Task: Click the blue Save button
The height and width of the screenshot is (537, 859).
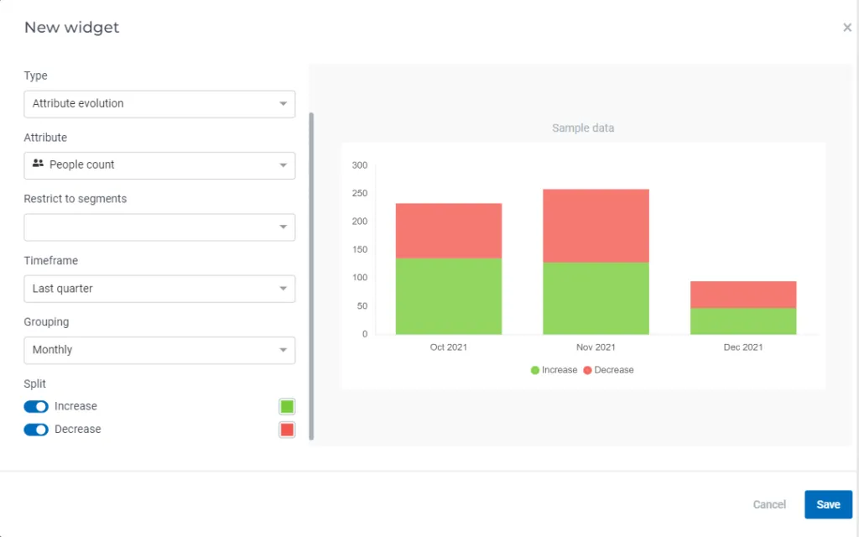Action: pyautogui.click(x=828, y=504)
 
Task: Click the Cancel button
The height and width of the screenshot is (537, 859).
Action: pyautogui.click(x=769, y=504)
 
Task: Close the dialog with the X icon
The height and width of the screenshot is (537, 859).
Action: pyautogui.click(x=847, y=28)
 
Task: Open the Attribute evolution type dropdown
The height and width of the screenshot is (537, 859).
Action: pyautogui.click(x=159, y=104)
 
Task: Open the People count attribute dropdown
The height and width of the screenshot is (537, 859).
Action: pyautogui.click(x=159, y=165)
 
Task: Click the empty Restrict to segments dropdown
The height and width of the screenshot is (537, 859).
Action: pyautogui.click(x=159, y=227)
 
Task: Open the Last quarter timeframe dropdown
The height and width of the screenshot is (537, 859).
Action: pyautogui.click(x=159, y=289)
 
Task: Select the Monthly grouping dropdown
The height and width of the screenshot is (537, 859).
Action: pyautogui.click(x=159, y=350)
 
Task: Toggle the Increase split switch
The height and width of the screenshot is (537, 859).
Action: pyautogui.click(x=36, y=407)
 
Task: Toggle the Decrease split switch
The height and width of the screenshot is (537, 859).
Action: pyautogui.click(x=36, y=430)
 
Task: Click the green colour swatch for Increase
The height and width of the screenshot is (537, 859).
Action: pyautogui.click(x=287, y=407)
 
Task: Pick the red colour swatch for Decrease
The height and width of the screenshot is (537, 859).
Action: pyautogui.click(x=287, y=430)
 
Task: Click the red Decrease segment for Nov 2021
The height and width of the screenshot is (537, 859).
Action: pyautogui.click(x=596, y=226)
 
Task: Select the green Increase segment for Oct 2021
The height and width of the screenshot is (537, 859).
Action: pyautogui.click(x=449, y=296)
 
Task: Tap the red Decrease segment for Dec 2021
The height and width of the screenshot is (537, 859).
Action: pyautogui.click(x=743, y=295)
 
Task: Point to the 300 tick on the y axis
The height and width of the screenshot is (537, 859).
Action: pyautogui.click(x=360, y=165)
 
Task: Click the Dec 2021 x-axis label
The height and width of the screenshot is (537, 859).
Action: pyautogui.click(x=743, y=347)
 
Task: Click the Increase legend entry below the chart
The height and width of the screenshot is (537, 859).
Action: pyautogui.click(x=554, y=370)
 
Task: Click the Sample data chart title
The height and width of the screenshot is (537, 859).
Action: pyautogui.click(x=583, y=128)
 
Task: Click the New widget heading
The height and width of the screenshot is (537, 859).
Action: pyautogui.click(x=72, y=28)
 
